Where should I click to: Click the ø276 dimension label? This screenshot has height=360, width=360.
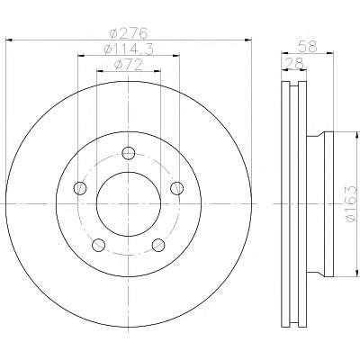pos(129,32)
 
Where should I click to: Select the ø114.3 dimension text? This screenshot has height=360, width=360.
pos(129,49)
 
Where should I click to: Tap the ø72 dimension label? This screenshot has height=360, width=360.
pos(128,65)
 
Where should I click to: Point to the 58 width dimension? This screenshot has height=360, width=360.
pos(308,47)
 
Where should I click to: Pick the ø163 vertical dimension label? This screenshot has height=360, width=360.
pos(351,204)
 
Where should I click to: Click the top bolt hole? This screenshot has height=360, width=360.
pos(129,153)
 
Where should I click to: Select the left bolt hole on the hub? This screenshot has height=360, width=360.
pos(80,188)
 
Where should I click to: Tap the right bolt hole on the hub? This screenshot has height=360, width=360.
pos(176,188)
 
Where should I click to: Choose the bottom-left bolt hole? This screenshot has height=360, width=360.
pos(98,245)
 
